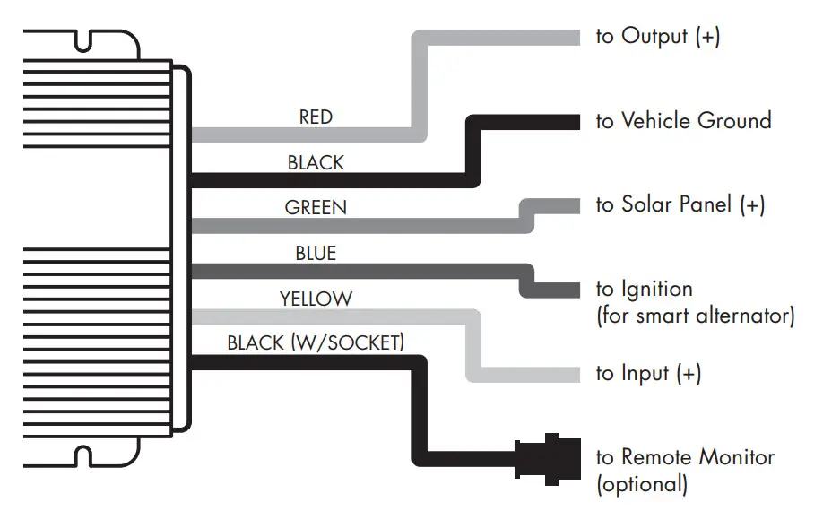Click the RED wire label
click(316, 117)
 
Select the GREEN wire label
click(316, 208)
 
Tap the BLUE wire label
click(316, 254)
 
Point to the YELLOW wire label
click(316, 299)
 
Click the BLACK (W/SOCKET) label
click(316, 342)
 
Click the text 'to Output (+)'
click(657, 37)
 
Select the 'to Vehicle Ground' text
click(683, 121)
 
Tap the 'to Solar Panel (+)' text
click(680, 205)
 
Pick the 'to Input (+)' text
click(648, 374)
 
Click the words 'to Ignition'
click(644, 289)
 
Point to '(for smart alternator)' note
click(694, 316)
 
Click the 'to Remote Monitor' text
click(685, 457)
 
